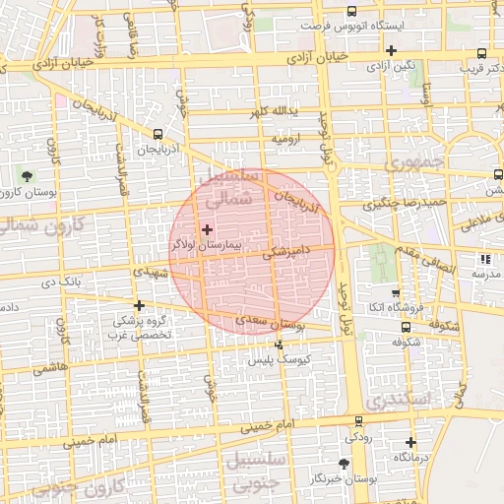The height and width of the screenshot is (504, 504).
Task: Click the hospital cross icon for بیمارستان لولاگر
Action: (x=207, y=229)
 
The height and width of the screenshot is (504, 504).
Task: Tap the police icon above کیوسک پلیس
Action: (x=280, y=346)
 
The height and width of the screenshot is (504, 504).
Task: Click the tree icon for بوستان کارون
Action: (x=26, y=176)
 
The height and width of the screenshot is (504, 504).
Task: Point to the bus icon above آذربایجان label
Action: (x=158, y=134)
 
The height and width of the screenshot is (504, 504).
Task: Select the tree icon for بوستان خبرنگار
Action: (x=343, y=463)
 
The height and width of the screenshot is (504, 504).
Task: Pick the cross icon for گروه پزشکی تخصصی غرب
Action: (x=139, y=305)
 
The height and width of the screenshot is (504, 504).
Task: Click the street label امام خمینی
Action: (x=268, y=424)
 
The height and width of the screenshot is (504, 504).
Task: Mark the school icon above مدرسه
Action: (x=484, y=259)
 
